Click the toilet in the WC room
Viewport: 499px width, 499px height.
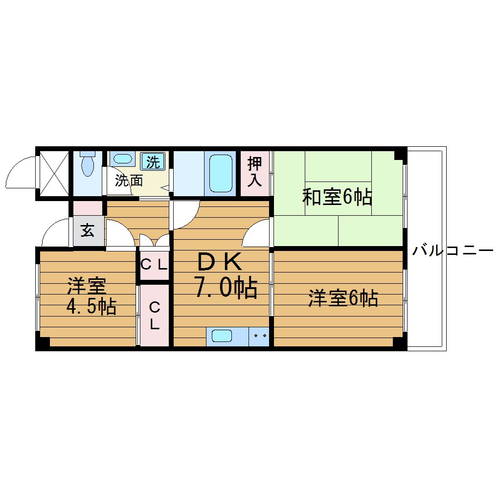(88, 164)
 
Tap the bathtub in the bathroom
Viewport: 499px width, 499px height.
(221, 173)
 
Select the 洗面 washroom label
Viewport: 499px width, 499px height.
(129, 181)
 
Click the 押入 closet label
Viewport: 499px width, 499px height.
(254, 172)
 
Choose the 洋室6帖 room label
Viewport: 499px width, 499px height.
(343, 298)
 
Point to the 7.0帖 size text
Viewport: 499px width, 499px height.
(226, 288)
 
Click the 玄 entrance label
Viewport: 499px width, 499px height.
(88, 231)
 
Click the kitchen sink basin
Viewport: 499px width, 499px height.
(222, 336)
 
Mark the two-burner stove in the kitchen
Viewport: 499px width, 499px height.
(259, 337)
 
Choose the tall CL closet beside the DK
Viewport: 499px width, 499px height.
(154, 316)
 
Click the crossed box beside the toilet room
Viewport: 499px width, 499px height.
(54, 173)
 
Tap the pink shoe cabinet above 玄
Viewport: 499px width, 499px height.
(88, 208)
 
